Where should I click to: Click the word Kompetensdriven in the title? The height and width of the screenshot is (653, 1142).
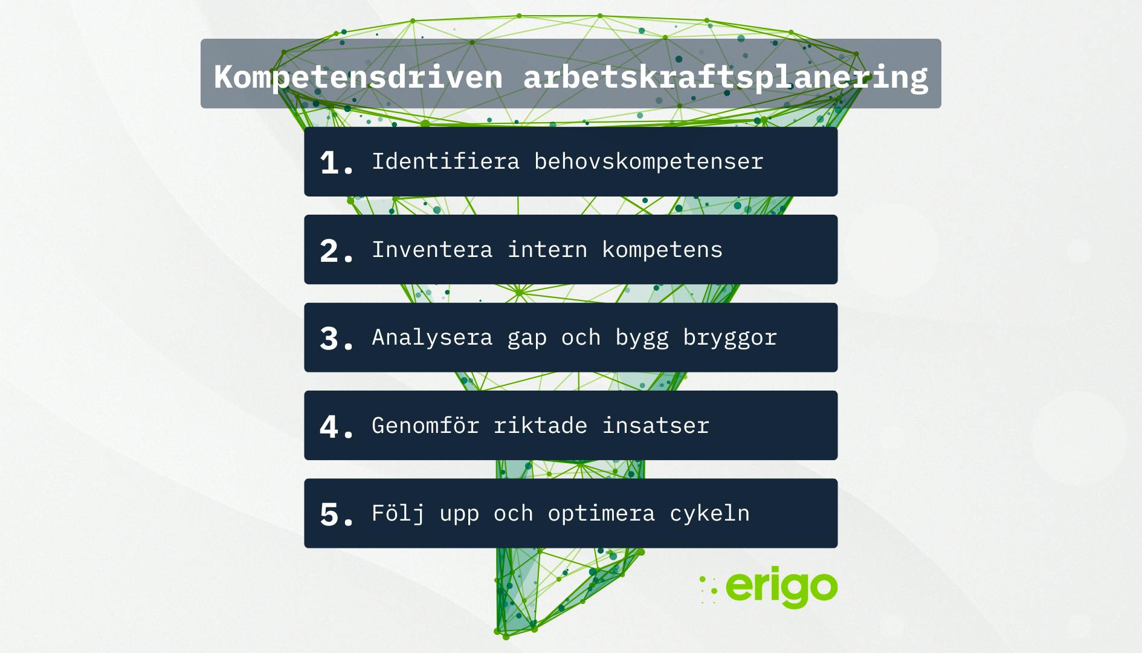click(358, 77)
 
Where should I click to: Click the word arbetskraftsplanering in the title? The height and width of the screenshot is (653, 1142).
click(726, 77)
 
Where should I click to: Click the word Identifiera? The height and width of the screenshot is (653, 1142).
click(446, 161)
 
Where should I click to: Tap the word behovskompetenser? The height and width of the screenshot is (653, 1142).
click(649, 161)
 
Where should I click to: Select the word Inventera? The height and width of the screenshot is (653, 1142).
click(432, 249)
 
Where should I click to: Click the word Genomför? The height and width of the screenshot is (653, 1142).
click(425, 425)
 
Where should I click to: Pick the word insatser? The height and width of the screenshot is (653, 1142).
click(656, 425)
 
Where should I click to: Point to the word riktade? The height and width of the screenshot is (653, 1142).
click(540, 425)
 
